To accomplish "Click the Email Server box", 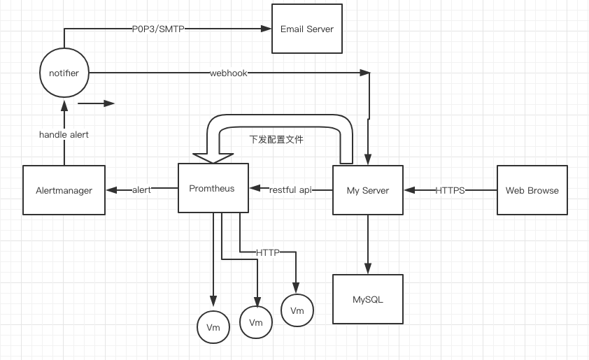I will (306, 29).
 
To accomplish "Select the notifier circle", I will (64, 73).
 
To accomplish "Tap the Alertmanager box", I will (64, 190).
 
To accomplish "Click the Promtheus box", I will (212, 188).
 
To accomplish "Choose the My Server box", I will (367, 190).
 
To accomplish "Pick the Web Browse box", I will (532, 190).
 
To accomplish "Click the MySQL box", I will (368, 299).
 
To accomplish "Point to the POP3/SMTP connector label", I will (158, 29).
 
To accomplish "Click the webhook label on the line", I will (228, 73).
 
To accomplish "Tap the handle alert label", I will (64, 134).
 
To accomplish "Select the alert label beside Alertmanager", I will (142, 189).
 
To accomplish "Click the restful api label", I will (290, 189).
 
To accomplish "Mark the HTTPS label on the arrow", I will (450, 190).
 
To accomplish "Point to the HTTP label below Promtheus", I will (267, 252).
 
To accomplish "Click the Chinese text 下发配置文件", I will (276, 139).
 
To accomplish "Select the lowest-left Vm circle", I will (213, 327).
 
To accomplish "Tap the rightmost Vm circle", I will (297, 310).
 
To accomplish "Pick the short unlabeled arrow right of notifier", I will (96, 103).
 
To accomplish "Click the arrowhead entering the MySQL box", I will (368, 269).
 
